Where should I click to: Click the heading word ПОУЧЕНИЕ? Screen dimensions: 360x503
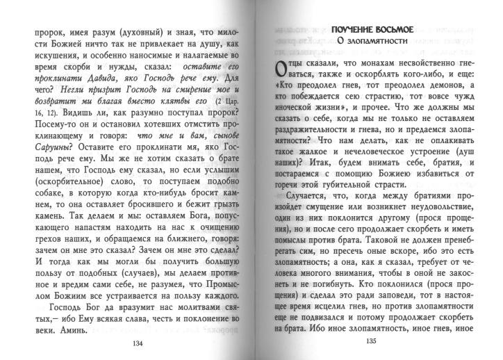pos(356,28)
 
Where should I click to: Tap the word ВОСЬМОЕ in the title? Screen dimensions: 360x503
pos(396,28)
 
